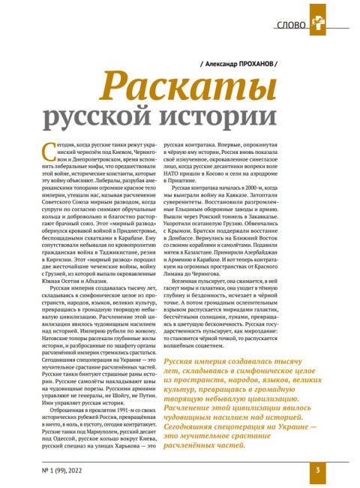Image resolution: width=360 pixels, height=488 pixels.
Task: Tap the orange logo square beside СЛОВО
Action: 322,23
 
